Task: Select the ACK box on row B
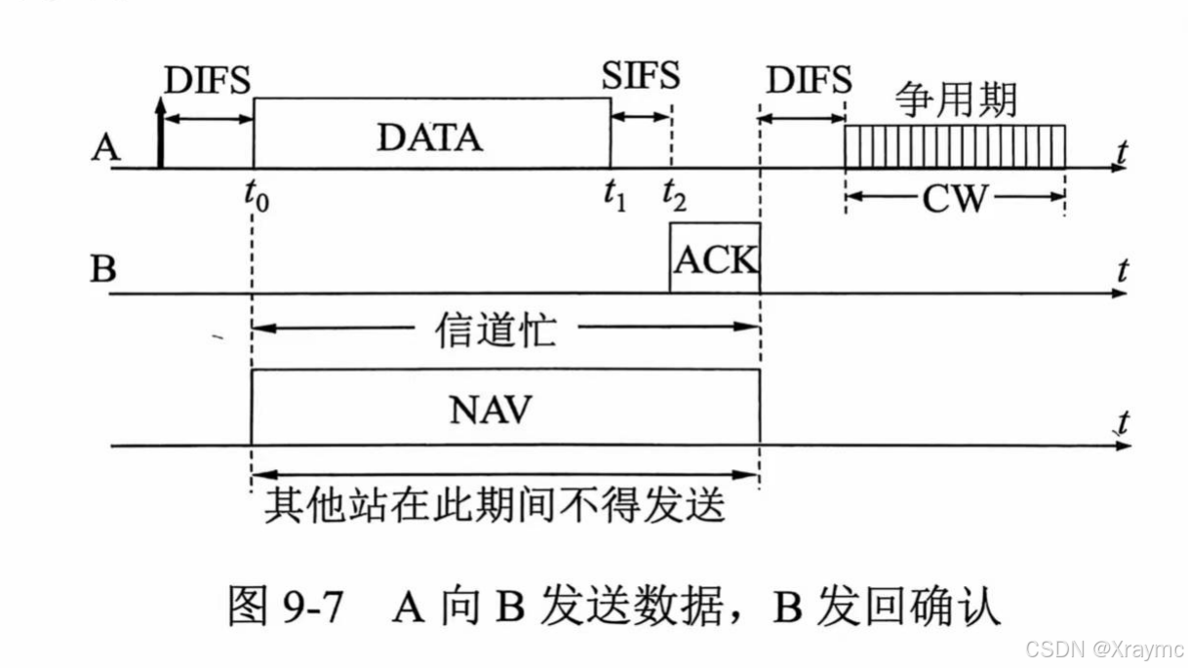coord(714,258)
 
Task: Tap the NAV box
coord(505,408)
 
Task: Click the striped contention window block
coord(954,146)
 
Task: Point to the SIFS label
coord(641,77)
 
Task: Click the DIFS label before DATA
coord(208,80)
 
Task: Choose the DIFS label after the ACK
coord(809,80)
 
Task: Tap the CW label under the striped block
coord(954,199)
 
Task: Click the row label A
coord(104,149)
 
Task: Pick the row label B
coord(103,267)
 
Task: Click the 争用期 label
coord(957,99)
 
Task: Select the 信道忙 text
coord(495,330)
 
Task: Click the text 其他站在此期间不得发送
coord(495,505)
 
